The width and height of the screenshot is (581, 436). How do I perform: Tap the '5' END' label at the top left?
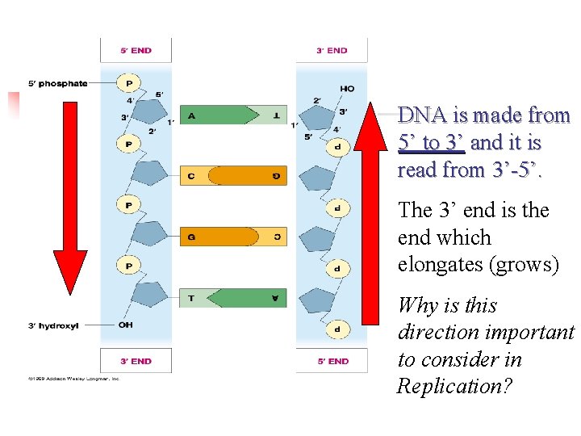(x=136, y=50)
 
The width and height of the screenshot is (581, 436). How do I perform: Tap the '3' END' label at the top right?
(x=332, y=50)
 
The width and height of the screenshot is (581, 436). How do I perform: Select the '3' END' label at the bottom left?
(x=136, y=361)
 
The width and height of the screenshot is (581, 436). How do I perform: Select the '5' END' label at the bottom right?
(x=332, y=361)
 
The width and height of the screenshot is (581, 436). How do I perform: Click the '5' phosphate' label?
(x=57, y=83)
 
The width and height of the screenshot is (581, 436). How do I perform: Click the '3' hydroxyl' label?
(x=54, y=325)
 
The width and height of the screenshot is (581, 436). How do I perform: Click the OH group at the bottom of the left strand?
(x=126, y=325)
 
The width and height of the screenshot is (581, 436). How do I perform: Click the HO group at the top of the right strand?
(x=347, y=88)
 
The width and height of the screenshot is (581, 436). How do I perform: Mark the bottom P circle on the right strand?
(x=337, y=329)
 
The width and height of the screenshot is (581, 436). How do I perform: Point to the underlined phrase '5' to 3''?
(x=431, y=143)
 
